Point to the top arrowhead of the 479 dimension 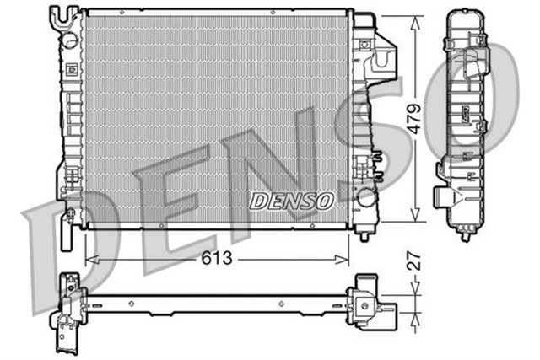[414, 20]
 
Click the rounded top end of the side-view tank [465, 13]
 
